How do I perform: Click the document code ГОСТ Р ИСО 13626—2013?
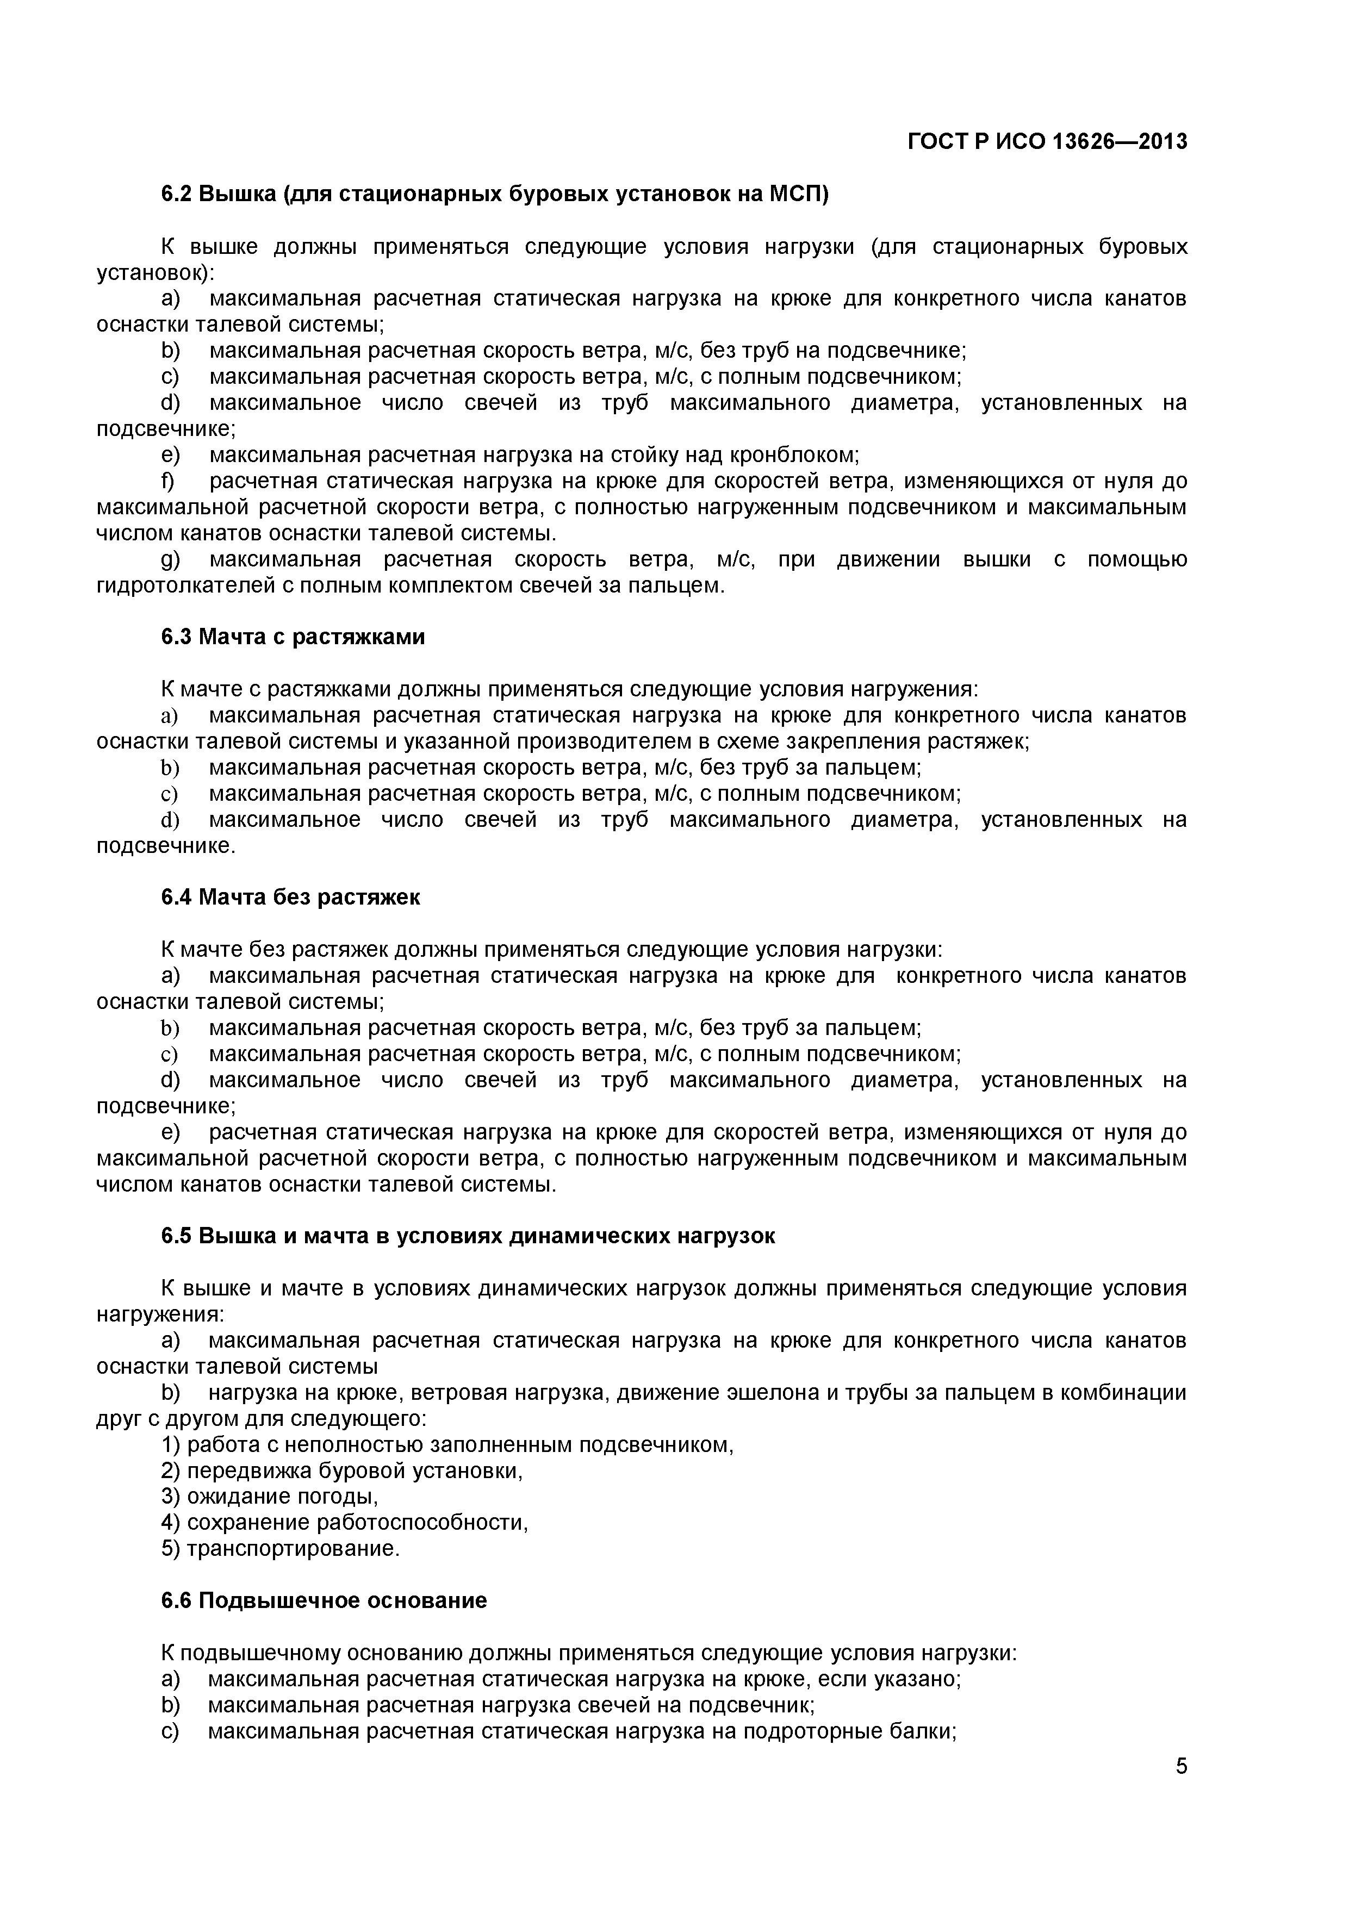click(x=1047, y=142)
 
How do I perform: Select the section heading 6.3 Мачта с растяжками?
click(x=293, y=637)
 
